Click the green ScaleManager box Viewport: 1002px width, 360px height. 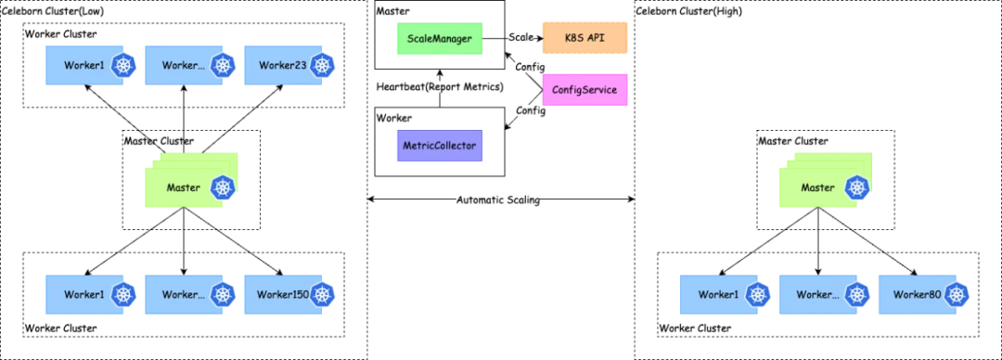point(440,38)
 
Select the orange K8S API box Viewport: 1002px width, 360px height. point(584,38)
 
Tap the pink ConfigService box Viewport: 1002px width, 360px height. point(584,89)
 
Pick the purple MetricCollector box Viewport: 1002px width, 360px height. point(440,146)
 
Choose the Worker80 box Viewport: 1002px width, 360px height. point(924,294)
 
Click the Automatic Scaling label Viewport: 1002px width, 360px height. point(498,200)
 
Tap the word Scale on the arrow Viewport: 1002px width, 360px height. point(520,38)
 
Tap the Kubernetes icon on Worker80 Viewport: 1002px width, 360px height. point(957,294)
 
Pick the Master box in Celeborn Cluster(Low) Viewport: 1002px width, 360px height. point(192,180)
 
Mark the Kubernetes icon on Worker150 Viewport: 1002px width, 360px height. point(324,294)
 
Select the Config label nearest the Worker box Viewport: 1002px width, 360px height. point(531,110)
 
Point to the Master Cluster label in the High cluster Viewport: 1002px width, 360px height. point(793,141)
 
